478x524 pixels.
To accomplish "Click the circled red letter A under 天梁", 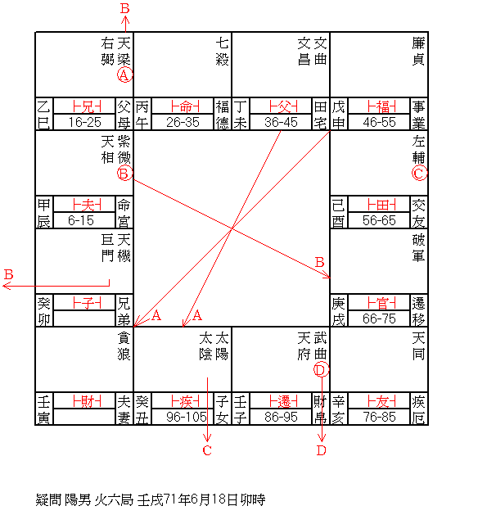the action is coord(124,75).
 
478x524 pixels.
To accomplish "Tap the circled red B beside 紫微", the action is coord(124,173).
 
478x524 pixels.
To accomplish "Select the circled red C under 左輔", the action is coord(419,173).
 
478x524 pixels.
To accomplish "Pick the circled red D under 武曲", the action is coord(321,369).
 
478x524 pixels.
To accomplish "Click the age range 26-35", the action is coord(183,122).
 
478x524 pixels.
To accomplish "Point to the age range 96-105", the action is coord(186,417).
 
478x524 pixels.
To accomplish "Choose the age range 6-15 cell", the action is coord(82,220).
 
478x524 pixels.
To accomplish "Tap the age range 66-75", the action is coord(379,318).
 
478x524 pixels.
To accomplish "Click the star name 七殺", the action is coord(222,52).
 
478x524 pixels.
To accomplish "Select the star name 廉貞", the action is coord(418,52).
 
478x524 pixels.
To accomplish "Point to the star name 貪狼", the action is coord(124,346).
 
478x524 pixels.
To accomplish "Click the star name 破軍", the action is coord(418,248).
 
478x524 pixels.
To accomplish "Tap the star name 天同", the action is coord(418,346).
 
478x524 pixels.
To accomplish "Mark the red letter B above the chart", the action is coord(125,8).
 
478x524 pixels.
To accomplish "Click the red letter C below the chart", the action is coord(207,450).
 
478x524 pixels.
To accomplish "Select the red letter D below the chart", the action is coord(321,450).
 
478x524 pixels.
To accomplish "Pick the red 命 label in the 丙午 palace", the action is coord(185,106).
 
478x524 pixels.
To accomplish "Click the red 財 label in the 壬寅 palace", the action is coord(87,401).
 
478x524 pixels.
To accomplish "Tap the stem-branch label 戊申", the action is coord(338,115).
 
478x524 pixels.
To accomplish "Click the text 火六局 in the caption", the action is coord(114,500).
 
